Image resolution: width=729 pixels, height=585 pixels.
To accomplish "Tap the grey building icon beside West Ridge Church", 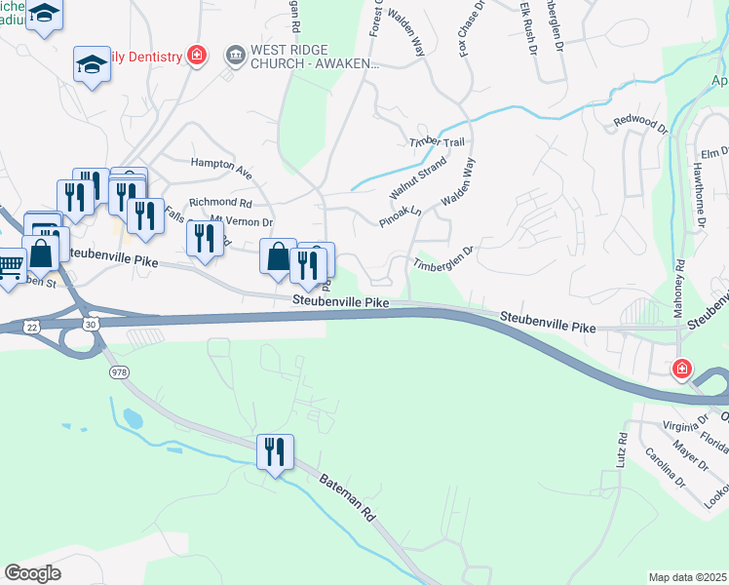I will point(235,55).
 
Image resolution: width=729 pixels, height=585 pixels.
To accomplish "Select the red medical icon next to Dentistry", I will point(198,56).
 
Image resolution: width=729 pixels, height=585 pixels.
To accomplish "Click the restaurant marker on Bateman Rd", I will point(275,451).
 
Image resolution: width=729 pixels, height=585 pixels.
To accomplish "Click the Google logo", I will point(33,572).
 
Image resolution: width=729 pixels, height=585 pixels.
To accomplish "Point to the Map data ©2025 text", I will point(687,577).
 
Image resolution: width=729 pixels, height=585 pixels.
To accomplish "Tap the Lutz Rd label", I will point(619,455).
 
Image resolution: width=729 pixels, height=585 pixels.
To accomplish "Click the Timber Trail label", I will point(437,142).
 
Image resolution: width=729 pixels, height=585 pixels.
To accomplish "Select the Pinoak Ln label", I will point(400,216).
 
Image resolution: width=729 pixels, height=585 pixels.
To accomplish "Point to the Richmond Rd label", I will point(220,203).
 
